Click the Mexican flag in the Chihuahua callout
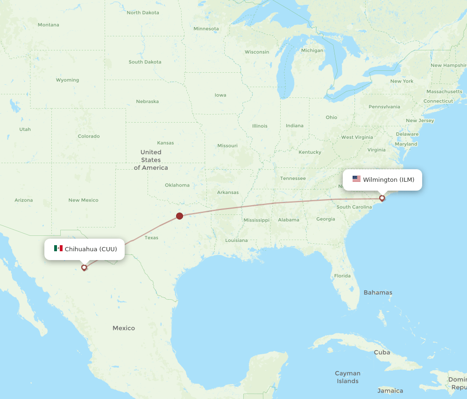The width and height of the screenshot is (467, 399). click(58, 248)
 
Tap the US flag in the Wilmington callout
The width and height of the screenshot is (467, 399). click(356, 179)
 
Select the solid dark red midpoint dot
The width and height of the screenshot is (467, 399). click(179, 216)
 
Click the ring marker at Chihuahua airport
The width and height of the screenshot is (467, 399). click(84, 268)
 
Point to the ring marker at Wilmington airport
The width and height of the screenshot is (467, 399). click(382, 198)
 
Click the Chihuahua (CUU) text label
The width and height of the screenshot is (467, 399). click(91, 249)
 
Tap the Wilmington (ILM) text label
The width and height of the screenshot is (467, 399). click(389, 179)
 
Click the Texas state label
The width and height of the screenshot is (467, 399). click(151, 238)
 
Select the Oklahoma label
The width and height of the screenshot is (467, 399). click(177, 185)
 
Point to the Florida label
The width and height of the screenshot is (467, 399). click(342, 276)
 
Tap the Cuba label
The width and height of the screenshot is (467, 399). click(382, 352)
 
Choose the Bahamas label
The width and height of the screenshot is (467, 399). click(378, 293)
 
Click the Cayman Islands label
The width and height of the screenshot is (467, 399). click(348, 377)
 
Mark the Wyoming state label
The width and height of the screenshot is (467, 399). click(67, 80)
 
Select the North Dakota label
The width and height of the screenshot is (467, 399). click(143, 13)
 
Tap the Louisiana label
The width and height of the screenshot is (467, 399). click(236, 241)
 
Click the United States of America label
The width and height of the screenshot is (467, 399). click(151, 160)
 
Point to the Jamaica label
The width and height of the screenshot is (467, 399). click(390, 391)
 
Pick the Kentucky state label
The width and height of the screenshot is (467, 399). click(310, 152)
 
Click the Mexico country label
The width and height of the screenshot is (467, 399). click(124, 328)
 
